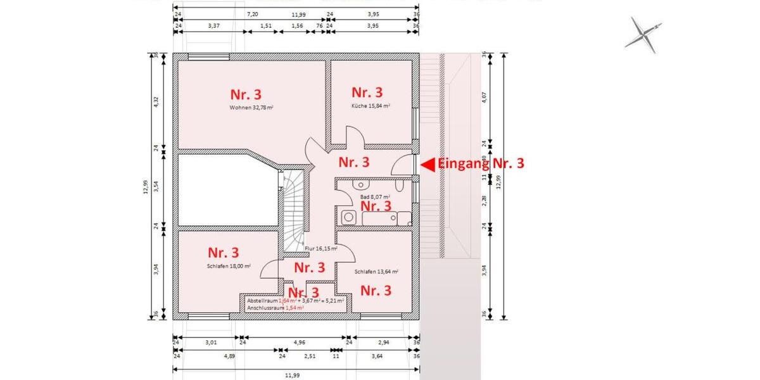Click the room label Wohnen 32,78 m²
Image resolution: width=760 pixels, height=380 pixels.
click(251, 108)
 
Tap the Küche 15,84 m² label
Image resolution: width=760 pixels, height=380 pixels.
click(370, 106)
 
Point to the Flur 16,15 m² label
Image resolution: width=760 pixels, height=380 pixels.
click(320, 248)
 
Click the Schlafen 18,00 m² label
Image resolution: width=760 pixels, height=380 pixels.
click(229, 267)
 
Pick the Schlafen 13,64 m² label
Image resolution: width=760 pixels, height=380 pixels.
click(376, 271)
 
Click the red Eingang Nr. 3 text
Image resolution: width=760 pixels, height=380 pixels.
click(481, 163)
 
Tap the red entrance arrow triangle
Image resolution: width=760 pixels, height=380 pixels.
click(427, 164)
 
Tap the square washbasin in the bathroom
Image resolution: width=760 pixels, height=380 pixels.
click(348, 218)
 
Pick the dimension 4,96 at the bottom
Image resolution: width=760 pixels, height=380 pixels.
click(295, 342)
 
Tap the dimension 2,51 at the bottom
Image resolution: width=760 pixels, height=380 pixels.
click(310, 357)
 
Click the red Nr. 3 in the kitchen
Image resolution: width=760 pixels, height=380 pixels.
click(367, 92)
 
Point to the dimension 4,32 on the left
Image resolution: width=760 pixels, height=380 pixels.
click(156, 102)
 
